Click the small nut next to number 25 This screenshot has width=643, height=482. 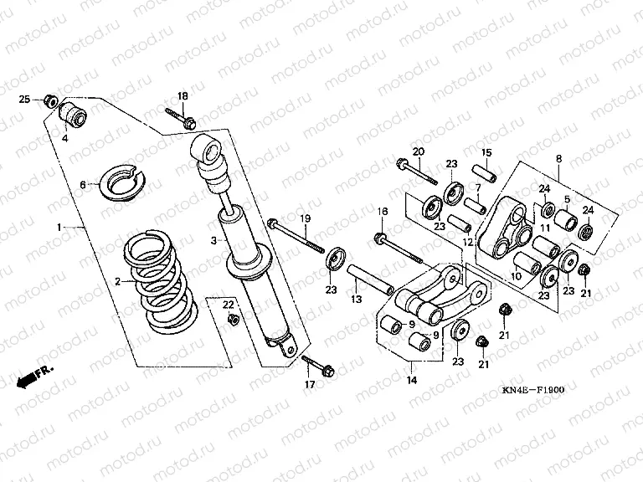(x=50, y=100)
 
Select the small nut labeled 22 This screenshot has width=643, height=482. (x=234, y=320)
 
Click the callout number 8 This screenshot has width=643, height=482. (x=559, y=157)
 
